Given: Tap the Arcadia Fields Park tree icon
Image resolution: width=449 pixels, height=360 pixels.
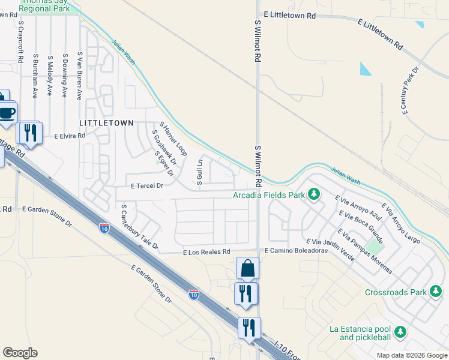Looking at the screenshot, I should [313, 194].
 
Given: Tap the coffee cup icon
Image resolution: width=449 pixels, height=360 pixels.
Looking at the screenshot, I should [7, 112].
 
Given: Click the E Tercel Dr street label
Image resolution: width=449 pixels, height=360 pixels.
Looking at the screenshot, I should [143, 186].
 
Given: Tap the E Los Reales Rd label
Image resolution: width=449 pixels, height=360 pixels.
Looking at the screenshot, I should [206, 252].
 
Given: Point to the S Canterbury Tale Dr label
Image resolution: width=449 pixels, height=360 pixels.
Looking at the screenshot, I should [139, 227].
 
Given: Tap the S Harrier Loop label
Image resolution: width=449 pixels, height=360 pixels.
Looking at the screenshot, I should [173, 139].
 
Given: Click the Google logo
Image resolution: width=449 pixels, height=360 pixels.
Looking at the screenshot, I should [20, 353].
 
